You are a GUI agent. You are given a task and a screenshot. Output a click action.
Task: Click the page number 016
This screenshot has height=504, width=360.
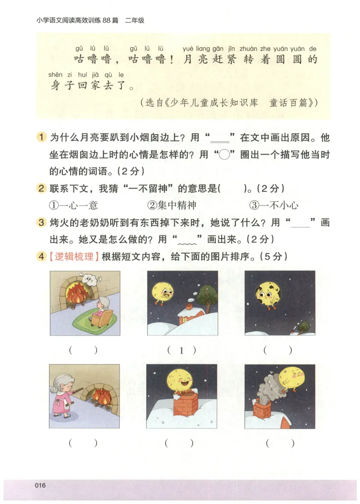(40, 485)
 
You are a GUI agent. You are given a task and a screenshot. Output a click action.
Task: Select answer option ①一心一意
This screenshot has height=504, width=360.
(73, 206)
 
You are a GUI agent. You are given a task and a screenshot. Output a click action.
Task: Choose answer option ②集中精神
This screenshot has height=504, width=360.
(172, 206)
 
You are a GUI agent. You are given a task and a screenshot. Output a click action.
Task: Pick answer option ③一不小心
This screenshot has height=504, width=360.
(274, 206)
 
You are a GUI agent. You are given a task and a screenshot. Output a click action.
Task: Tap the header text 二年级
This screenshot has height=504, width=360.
(135, 20)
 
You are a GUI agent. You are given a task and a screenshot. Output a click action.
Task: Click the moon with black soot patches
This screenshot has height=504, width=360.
(268, 294)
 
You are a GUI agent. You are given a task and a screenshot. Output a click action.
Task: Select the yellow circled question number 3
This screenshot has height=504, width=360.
(41, 223)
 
